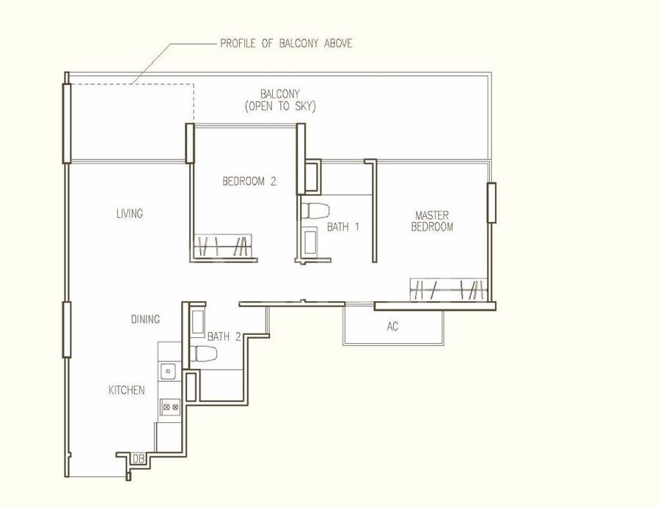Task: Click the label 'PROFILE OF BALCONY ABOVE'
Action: (286, 43)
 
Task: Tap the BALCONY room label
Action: (280, 94)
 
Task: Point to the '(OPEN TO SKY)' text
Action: (280, 106)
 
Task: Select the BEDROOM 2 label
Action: (249, 181)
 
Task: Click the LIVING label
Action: (130, 213)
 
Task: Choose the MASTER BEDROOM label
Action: (432, 221)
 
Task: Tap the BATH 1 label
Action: (343, 227)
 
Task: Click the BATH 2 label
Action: (224, 336)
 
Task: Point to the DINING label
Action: (145, 319)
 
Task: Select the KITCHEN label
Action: (127, 390)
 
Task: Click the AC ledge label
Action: (392, 327)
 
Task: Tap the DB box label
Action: (138, 459)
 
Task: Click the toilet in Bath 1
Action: (315, 211)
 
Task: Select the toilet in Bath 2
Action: (204, 353)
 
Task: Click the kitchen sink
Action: (168, 372)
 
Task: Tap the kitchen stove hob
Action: (171, 407)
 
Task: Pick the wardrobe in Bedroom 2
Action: (223, 246)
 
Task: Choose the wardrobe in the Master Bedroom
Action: (448, 290)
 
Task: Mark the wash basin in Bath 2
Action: (198, 323)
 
